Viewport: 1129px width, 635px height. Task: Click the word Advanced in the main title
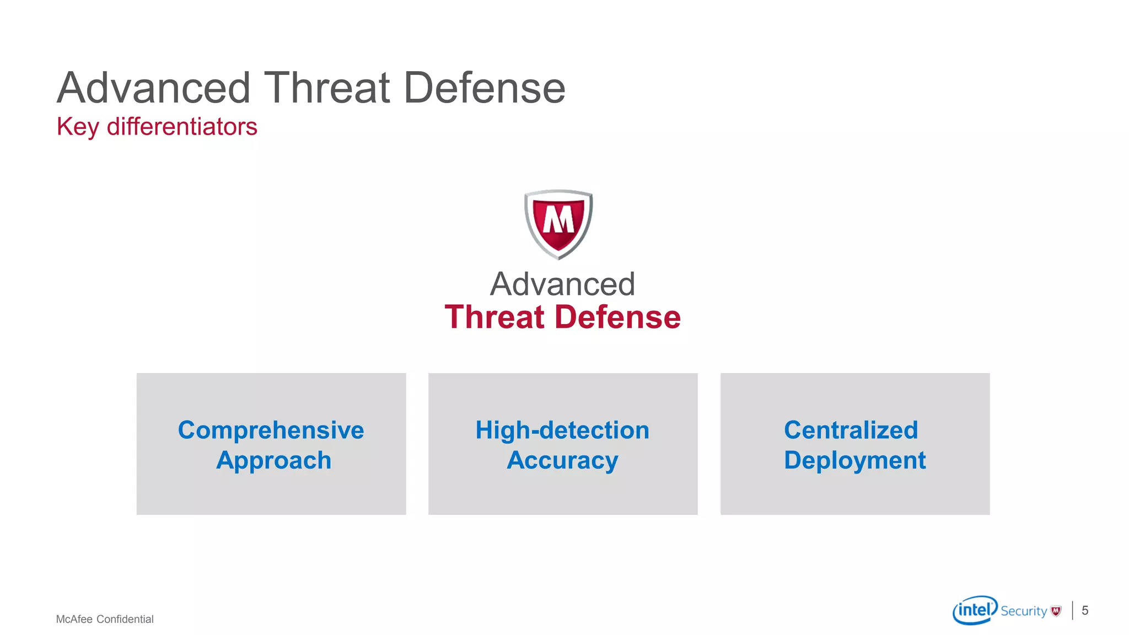point(154,88)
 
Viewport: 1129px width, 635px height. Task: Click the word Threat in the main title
point(327,88)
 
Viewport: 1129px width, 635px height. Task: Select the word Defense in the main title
point(485,88)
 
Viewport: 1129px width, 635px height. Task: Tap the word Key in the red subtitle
point(78,127)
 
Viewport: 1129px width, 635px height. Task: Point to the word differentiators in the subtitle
point(182,126)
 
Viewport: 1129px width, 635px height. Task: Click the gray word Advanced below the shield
point(562,284)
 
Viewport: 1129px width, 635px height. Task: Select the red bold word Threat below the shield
point(494,317)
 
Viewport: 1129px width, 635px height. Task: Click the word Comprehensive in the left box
point(271,430)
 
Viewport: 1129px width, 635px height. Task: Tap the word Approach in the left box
point(273,460)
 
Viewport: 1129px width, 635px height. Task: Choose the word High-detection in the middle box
point(562,430)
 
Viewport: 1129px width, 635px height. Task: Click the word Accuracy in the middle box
point(562,460)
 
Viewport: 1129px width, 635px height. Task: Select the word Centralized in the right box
point(851,430)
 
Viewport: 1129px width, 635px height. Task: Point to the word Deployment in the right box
point(854,460)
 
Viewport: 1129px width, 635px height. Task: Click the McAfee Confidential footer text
point(105,619)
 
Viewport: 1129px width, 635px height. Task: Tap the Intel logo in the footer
point(975,610)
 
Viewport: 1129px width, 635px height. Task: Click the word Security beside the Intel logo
point(1023,611)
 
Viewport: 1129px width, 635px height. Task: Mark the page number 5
point(1085,610)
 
